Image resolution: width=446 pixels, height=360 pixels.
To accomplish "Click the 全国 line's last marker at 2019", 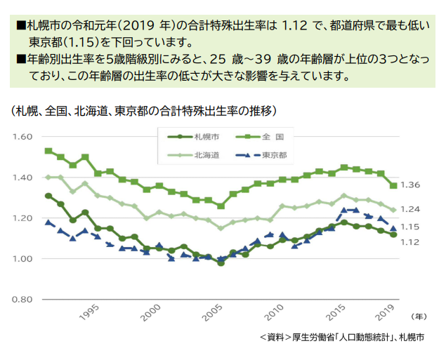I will tap(394, 185).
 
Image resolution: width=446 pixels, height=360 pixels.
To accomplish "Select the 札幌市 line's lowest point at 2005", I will tap(221, 263).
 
